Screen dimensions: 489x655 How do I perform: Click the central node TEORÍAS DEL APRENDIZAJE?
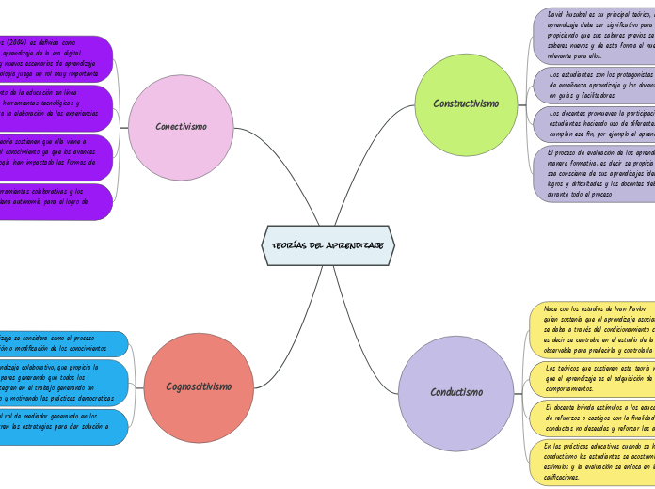point(327,244)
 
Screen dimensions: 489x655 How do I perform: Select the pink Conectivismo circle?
point(181,127)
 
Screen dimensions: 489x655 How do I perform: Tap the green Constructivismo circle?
point(466,104)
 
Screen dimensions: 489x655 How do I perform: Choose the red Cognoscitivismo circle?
point(199,386)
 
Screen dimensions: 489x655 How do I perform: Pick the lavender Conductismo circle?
point(456,391)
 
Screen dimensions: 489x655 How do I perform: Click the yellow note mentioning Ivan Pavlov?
point(593,330)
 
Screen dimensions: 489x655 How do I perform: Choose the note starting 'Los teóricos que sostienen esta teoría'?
point(593,377)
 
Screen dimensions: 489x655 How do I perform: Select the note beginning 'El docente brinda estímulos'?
point(593,417)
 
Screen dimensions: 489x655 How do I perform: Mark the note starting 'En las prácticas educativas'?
point(593,461)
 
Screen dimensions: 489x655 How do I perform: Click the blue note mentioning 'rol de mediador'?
point(61,426)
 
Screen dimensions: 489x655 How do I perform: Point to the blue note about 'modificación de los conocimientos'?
point(61,343)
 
